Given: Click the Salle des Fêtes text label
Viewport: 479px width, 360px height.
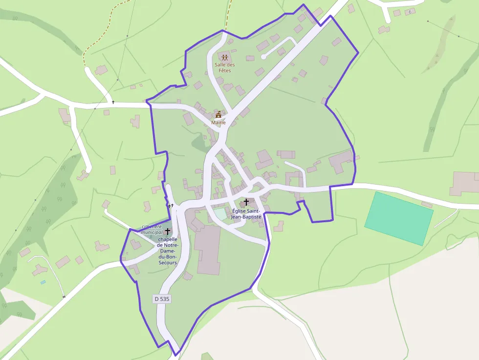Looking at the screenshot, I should coord(225,68).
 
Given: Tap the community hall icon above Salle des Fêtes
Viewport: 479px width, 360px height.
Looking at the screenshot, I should coord(225,58).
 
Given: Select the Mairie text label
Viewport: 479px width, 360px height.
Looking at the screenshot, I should coord(218,123).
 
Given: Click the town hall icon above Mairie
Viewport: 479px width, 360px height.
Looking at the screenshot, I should coord(218,115).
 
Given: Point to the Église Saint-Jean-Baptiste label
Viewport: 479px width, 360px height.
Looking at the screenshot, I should coord(247,213).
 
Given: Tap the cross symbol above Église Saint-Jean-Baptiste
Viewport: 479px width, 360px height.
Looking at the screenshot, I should coord(246,202).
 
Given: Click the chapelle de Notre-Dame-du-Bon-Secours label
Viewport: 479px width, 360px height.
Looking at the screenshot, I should coord(168,251).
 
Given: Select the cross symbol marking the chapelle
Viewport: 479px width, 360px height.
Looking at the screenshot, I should coord(168,231).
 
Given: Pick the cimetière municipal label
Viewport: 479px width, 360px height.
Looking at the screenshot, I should coord(152,230).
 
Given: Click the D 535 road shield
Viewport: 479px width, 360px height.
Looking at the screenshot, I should coord(162,298).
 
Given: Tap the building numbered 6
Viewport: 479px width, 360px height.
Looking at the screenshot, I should coord(410,11).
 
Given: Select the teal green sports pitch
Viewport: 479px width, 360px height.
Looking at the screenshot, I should coord(399,218).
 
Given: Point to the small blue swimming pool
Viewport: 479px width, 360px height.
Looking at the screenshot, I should coord(43,282).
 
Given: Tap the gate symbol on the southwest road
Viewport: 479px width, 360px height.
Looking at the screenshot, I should coord(64,296).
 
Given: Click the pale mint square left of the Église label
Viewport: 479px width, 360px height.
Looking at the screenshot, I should coord(221,213).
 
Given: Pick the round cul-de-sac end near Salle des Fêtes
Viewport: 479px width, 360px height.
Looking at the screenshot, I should coord(263,57).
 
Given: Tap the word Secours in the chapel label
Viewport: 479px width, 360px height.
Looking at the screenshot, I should coord(168,263).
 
